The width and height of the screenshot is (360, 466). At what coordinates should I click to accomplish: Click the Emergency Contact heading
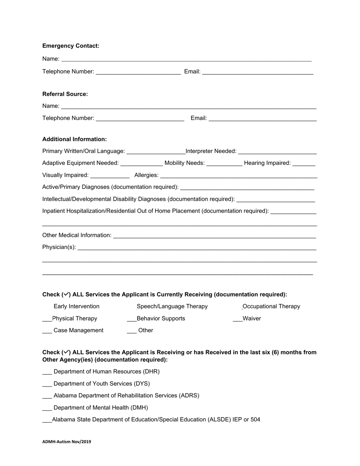click(71, 46)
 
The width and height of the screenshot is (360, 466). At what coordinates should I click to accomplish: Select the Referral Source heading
click(65, 94)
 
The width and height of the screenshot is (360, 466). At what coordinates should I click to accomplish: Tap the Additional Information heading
click(75, 139)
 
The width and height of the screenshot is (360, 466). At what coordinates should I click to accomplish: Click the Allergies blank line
click(239, 175)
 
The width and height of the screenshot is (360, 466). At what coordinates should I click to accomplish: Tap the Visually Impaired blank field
click(110, 175)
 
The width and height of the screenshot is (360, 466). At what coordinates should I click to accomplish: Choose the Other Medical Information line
click(214, 235)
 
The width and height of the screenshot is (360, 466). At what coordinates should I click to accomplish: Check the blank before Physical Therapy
click(47, 319)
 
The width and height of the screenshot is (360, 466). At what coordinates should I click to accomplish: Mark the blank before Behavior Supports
click(131, 319)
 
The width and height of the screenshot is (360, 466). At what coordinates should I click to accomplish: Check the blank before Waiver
click(238, 319)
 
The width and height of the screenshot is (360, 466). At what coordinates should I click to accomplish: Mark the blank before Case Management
click(47, 330)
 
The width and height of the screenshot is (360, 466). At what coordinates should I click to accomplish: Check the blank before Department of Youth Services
click(47, 384)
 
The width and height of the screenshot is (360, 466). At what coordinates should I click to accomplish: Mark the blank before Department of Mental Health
click(47, 408)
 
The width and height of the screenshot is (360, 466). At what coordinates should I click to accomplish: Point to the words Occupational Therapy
click(271, 306)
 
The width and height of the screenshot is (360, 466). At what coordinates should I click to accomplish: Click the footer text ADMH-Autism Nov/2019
click(67, 441)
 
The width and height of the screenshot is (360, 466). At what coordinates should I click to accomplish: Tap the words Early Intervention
click(77, 306)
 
